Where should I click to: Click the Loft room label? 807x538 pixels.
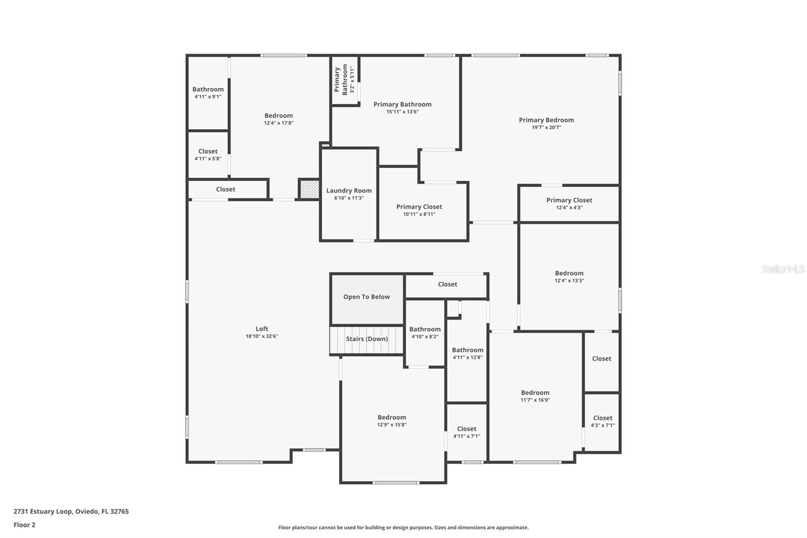[x=262, y=329]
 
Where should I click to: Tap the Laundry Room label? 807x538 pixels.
[x=349, y=191]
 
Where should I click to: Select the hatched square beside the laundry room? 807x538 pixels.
[x=309, y=189]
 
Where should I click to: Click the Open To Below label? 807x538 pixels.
[x=367, y=297]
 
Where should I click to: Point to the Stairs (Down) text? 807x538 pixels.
[x=367, y=339]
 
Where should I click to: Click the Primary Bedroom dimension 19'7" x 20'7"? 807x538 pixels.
[x=546, y=128]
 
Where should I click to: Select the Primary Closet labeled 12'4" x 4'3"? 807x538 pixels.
[x=569, y=203]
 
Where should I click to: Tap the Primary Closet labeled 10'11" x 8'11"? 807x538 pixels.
[x=419, y=210]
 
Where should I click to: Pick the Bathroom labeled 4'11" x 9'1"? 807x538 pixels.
[x=208, y=92]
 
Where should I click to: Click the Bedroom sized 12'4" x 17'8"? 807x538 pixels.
[x=278, y=119]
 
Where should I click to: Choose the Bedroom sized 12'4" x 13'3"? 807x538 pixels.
[x=569, y=276]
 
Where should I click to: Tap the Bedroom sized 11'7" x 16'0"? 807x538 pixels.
[x=535, y=396]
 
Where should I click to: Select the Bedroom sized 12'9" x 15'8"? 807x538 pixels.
[x=392, y=420]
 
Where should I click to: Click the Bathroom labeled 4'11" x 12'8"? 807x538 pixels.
[x=468, y=353]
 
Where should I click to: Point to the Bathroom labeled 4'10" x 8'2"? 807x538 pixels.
[x=425, y=332]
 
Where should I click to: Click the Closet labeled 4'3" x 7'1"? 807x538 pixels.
[x=603, y=421]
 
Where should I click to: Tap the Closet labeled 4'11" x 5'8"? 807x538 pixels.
[x=208, y=154]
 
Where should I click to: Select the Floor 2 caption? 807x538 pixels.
[x=24, y=525]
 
